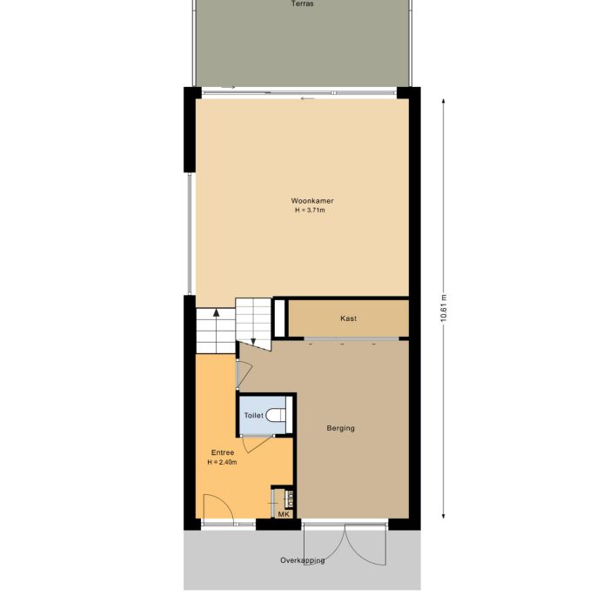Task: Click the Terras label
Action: (303, 4)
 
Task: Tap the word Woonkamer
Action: (312, 201)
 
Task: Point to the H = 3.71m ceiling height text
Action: (312, 211)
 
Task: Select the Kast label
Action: (348, 318)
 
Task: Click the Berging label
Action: (341, 428)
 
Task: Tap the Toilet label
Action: (253, 416)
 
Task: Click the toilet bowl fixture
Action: (278, 415)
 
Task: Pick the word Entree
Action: (222, 452)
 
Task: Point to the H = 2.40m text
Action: (222, 462)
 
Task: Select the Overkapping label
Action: (303, 560)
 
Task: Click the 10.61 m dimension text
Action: (445, 308)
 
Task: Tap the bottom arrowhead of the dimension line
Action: (445, 513)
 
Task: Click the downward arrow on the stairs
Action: (253, 341)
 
